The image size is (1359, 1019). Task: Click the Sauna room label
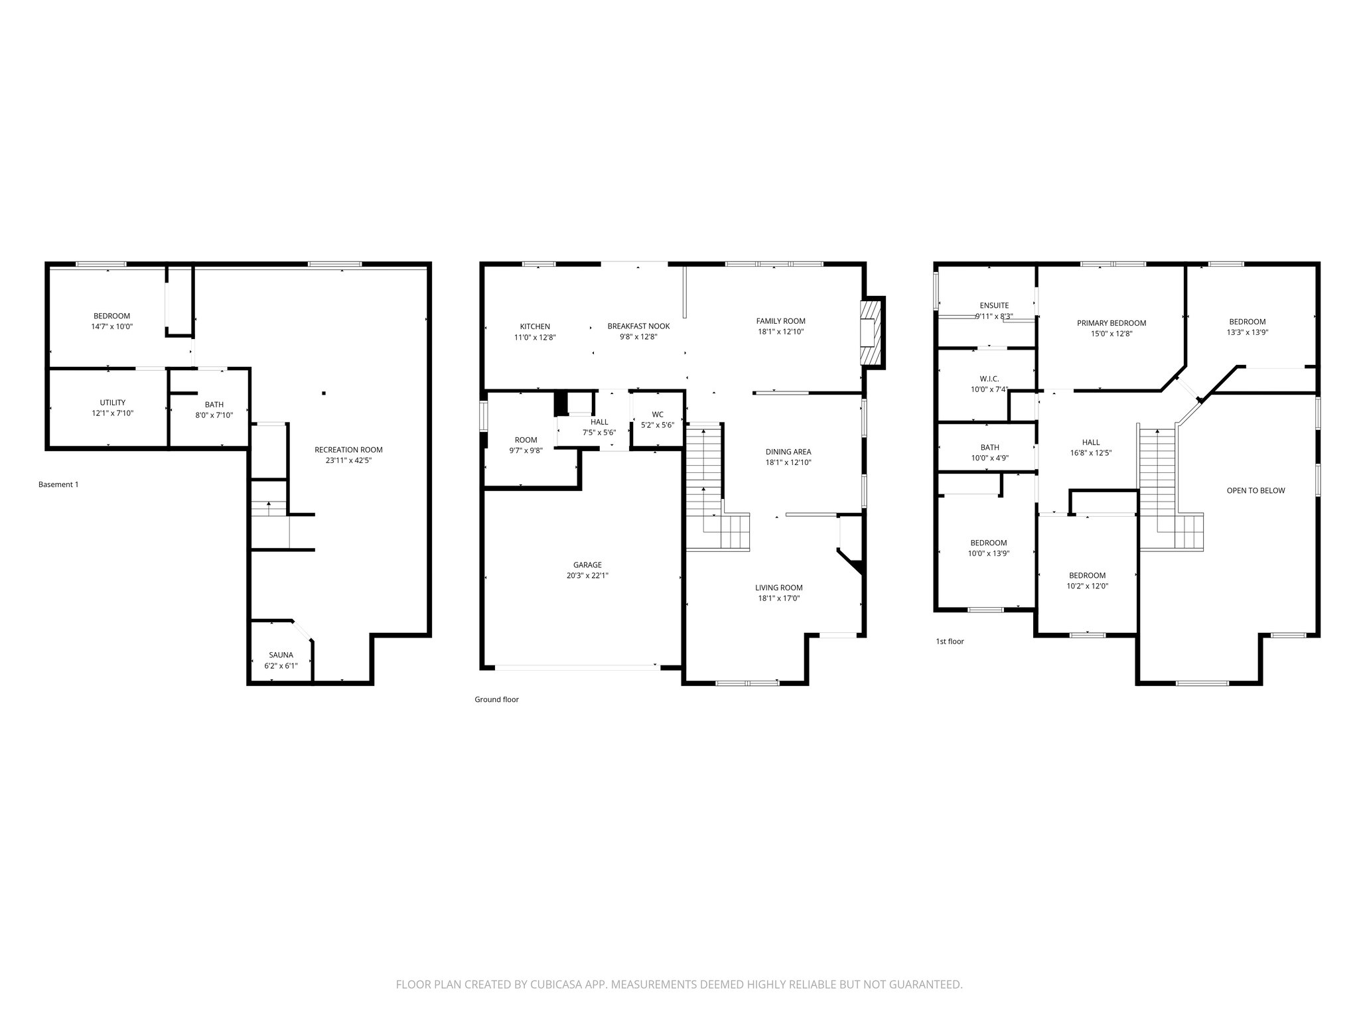click(281, 655)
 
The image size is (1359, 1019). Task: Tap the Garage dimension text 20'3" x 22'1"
click(587, 576)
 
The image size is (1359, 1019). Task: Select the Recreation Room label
click(348, 450)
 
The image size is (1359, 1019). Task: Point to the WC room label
click(657, 415)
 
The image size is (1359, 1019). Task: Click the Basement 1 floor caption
click(58, 484)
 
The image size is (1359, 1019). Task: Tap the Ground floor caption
click(496, 699)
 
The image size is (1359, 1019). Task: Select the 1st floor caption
click(950, 642)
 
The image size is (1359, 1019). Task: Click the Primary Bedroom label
click(1111, 323)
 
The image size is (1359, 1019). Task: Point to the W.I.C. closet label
click(989, 379)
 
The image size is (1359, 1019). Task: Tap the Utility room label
click(112, 403)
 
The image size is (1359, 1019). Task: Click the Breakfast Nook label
click(638, 326)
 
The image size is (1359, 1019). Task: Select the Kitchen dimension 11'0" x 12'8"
click(535, 337)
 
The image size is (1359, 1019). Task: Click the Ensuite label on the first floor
click(994, 306)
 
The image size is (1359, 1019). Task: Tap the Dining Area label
click(788, 452)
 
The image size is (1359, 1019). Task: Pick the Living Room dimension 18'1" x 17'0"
click(778, 598)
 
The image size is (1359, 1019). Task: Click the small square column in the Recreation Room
click(324, 393)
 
